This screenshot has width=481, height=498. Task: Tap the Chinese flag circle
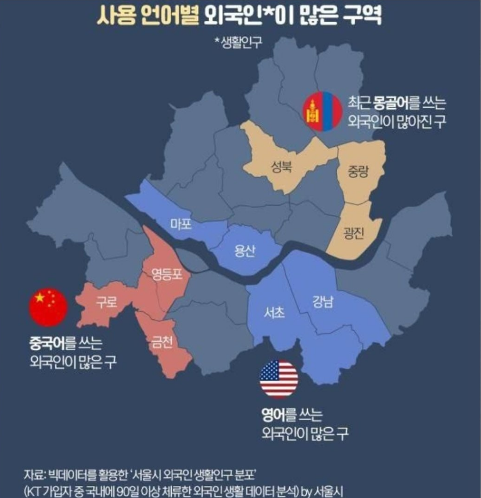tap(48, 308)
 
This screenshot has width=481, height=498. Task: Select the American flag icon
tap(279, 379)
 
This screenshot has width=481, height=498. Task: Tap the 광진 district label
tap(354, 231)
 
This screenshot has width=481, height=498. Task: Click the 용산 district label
tap(245, 251)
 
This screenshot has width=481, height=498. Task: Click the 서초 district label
tap(275, 312)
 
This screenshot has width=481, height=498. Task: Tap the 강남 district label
tap(323, 301)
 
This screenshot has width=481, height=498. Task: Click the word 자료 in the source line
tap(31, 473)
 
